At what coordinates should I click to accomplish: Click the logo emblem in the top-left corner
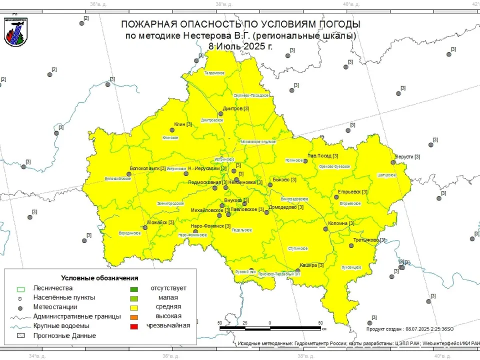(x=15, y=31)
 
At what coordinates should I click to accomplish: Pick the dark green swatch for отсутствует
(x=134, y=288)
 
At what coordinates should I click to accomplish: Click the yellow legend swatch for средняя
(x=134, y=307)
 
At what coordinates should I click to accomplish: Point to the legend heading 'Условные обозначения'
(x=99, y=278)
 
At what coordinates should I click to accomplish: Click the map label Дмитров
(x=232, y=108)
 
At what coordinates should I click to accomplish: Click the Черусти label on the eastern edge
(x=404, y=156)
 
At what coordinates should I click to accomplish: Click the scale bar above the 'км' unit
(x=270, y=328)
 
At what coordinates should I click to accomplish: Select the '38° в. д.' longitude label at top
(x=223, y=4)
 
